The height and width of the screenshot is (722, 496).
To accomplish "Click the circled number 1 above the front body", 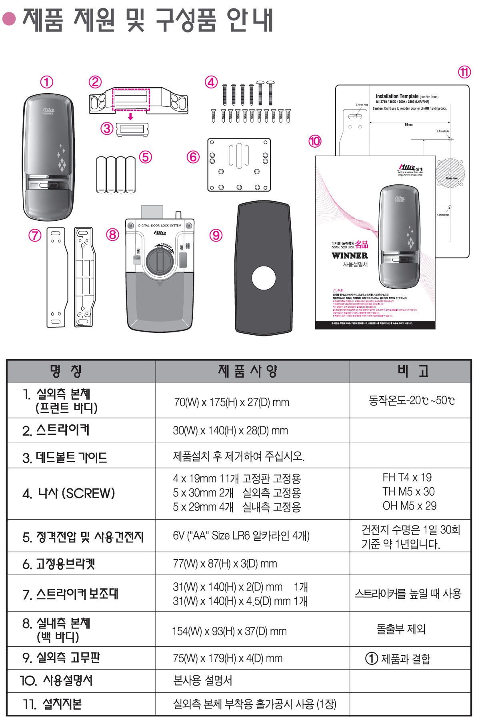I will click(x=47, y=82).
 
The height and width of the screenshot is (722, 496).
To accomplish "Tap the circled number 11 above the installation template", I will click(x=464, y=72).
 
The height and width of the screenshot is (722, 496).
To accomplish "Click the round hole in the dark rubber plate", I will click(x=264, y=278).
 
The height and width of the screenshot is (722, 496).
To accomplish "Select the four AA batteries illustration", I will click(x=116, y=175).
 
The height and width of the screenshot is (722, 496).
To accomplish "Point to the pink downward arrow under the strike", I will click(x=130, y=116).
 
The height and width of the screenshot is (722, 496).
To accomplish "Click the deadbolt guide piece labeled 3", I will click(x=132, y=130).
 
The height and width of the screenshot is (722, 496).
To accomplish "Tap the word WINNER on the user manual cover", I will click(x=350, y=256).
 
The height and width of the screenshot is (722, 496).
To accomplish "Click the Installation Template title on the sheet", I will click(x=397, y=96).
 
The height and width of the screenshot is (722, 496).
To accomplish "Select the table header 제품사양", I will click(x=248, y=371).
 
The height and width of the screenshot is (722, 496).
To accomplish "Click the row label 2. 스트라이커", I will click(x=56, y=430).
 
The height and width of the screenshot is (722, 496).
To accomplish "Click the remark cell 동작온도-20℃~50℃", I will click(x=411, y=400).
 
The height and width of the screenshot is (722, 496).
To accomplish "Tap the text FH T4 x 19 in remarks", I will click(x=407, y=477).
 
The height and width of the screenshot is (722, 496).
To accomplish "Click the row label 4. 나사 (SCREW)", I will click(x=68, y=494).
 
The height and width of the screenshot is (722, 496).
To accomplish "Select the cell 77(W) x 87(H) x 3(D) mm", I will click(x=225, y=564).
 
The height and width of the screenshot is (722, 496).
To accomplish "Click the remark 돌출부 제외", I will click(x=401, y=629).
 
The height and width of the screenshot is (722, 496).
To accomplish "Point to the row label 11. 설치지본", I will click(x=52, y=704).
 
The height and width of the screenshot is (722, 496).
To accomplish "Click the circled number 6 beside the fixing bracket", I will click(x=193, y=157).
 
